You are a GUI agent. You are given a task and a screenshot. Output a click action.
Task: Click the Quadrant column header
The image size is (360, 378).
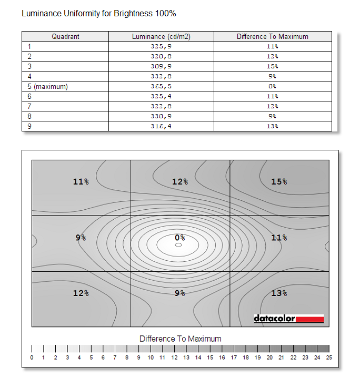pyautogui.click(x=65, y=36)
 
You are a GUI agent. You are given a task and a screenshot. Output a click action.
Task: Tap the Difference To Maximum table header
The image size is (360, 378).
pyautogui.click(x=272, y=36)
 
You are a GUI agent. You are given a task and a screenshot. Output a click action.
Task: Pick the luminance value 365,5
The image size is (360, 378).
pyautogui.click(x=161, y=86)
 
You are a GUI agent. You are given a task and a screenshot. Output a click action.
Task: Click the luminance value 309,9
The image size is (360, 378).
pyautogui.click(x=161, y=66)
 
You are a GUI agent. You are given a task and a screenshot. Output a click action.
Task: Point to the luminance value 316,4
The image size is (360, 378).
pyautogui.click(x=161, y=126)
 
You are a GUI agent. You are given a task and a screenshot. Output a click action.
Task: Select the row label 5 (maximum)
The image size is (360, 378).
pyautogui.click(x=48, y=86)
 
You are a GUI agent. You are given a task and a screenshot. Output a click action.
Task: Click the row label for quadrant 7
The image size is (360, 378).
pyautogui.click(x=30, y=106)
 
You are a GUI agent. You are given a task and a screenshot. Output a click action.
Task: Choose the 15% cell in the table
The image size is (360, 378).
pyautogui.click(x=272, y=66)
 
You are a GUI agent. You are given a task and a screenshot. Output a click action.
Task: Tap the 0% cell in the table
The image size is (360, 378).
pyautogui.click(x=272, y=86)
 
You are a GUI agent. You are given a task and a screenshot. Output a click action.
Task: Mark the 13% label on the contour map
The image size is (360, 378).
pyautogui.click(x=279, y=293)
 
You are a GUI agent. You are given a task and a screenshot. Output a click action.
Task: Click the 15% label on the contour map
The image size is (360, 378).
pyautogui.click(x=279, y=181)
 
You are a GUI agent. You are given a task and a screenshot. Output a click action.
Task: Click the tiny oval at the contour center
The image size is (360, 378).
pyautogui.click(x=178, y=245)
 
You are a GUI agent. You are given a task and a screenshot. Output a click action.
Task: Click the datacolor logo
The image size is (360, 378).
pyautogui.click(x=288, y=319)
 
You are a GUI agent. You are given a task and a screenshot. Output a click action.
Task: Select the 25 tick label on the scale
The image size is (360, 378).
pyautogui.click(x=329, y=358)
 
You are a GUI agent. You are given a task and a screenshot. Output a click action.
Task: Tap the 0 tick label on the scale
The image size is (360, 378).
pyautogui.click(x=32, y=358)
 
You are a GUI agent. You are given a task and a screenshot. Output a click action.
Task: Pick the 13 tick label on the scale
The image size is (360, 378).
pyautogui.click(x=186, y=358)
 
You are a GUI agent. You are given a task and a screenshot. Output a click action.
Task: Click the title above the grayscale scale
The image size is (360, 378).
pyautogui.click(x=180, y=339)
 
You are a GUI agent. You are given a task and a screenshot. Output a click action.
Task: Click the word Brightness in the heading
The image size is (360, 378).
pyautogui.click(x=132, y=13)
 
